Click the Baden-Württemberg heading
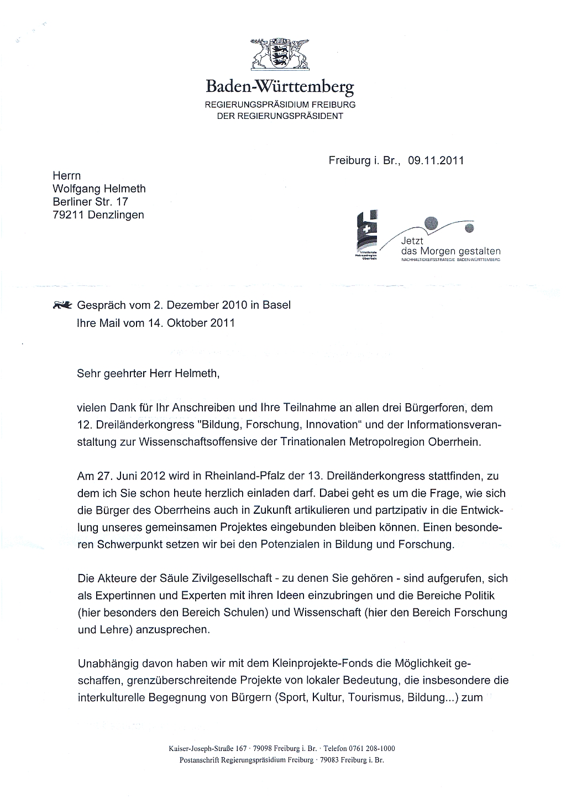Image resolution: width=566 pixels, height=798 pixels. (x=279, y=87)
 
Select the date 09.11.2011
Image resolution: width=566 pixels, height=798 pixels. (x=436, y=161)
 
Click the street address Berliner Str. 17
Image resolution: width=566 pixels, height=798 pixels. (x=90, y=202)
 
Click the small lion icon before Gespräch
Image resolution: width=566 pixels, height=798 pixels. (x=62, y=305)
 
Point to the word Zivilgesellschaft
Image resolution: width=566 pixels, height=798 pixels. (x=228, y=579)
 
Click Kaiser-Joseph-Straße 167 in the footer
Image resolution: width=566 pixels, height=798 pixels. (x=207, y=749)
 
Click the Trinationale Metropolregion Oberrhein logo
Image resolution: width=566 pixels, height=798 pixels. (x=366, y=234)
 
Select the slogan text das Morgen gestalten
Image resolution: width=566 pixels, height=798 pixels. (x=450, y=251)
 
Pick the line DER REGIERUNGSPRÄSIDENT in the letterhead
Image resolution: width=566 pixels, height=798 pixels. (x=279, y=116)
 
